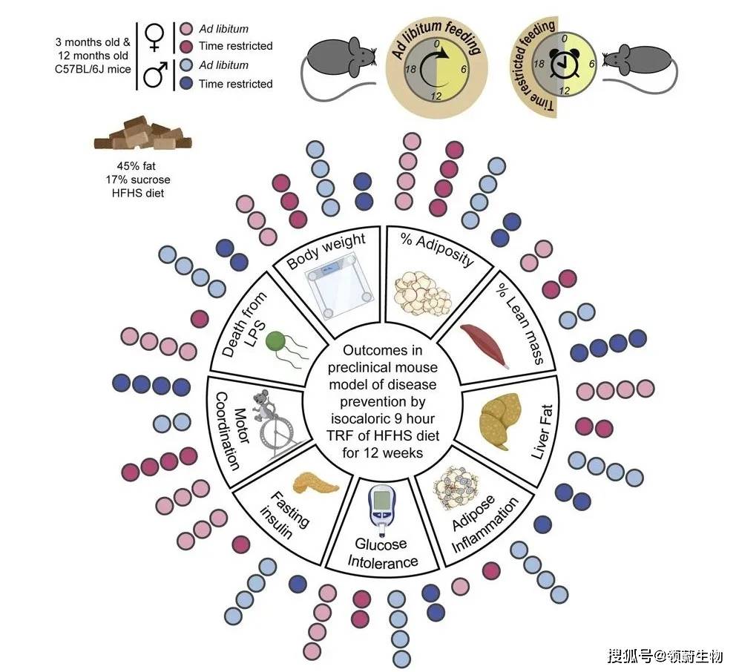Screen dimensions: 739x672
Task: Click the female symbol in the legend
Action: [x=154, y=37]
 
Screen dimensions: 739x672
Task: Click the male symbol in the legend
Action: [x=156, y=74]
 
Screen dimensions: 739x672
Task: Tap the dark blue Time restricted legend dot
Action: [x=187, y=83]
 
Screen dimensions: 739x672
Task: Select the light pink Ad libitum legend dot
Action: [x=187, y=29]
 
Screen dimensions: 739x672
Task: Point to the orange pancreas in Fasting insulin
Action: [x=315, y=484]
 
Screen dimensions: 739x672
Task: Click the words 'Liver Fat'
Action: [x=542, y=432]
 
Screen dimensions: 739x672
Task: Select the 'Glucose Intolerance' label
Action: [x=382, y=553]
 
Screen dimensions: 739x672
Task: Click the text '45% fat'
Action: [x=137, y=166]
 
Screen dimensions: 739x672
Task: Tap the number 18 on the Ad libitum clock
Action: [x=410, y=69]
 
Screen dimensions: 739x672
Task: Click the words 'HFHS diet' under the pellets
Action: [x=138, y=193]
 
